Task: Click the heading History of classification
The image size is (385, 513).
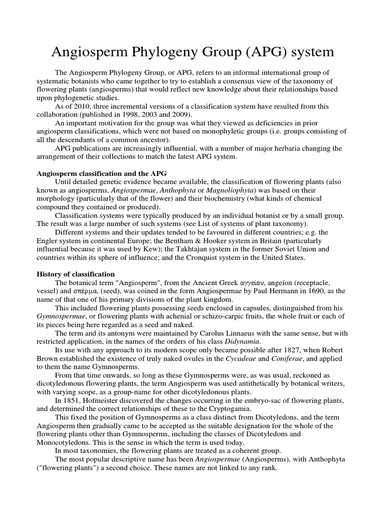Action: (x=76, y=274)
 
